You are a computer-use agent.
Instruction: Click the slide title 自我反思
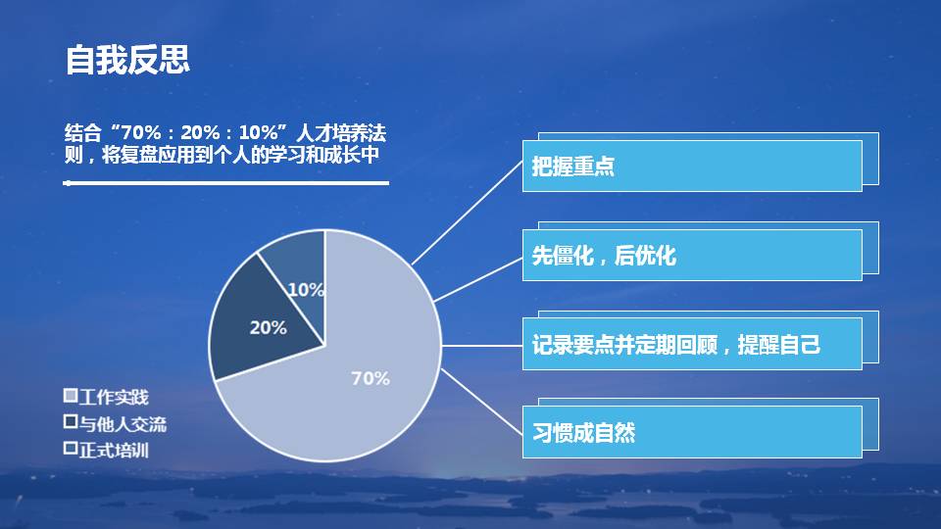(127, 60)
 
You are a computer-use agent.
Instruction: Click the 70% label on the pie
(371, 378)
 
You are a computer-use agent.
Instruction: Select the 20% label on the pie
(268, 328)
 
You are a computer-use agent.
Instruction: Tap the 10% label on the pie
(306, 290)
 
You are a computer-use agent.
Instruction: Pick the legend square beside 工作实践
(71, 396)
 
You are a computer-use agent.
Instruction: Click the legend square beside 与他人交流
(71, 422)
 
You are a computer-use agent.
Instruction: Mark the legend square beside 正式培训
(71, 449)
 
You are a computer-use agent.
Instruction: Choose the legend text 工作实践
(114, 397)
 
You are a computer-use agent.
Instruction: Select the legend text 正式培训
(114, 450)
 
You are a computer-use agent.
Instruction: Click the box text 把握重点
(573, 167)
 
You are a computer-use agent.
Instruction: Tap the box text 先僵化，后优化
(604, 257)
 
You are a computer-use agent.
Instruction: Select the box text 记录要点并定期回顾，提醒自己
(676, 345)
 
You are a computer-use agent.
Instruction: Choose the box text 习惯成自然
(584, 433)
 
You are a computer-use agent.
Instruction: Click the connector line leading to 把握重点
(468, 212)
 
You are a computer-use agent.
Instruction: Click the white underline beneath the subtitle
(225, 182)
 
